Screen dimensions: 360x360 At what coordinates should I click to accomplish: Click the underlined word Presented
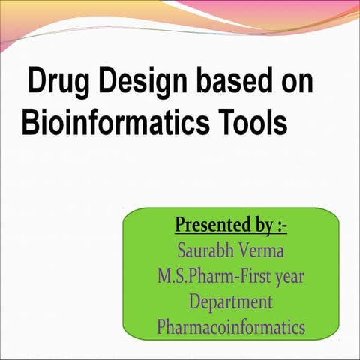[210, 225]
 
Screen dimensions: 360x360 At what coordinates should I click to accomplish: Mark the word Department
[231, 301]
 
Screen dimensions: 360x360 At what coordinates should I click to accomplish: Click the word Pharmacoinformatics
[231, 327]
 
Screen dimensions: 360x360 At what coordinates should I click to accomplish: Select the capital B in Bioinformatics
[29, 123]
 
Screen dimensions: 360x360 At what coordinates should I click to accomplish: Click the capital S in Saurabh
[180, 250]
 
